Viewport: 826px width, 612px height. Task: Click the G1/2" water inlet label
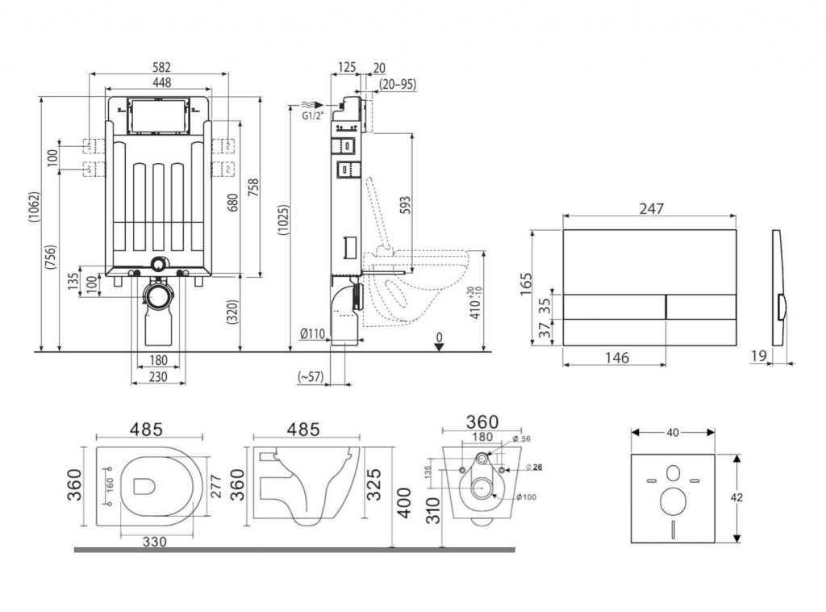point(312,116)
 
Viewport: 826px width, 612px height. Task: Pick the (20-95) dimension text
point(398,84)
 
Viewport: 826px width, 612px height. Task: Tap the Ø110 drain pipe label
point(312,335)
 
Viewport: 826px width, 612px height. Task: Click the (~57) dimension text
point(311,377)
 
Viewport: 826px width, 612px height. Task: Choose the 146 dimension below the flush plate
point(614,358)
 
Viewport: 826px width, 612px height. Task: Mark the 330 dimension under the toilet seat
point(155,542)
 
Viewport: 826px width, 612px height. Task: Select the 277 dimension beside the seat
point(215,484)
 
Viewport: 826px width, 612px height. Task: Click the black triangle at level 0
point(438,346)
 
